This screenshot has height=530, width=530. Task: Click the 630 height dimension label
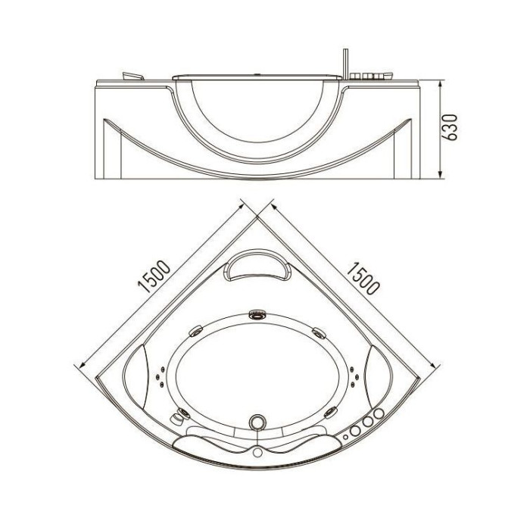450,127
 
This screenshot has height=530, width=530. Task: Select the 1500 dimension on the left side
154,276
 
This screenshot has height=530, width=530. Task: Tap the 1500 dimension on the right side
363,278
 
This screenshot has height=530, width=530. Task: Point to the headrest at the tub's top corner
258,266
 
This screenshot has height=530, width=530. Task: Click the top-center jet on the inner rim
257,315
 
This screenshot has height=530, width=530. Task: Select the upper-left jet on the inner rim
196,331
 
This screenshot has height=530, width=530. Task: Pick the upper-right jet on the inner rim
319,332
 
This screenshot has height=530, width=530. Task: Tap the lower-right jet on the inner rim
330,413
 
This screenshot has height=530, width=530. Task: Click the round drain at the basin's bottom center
257,422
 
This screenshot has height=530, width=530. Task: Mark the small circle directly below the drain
258,452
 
